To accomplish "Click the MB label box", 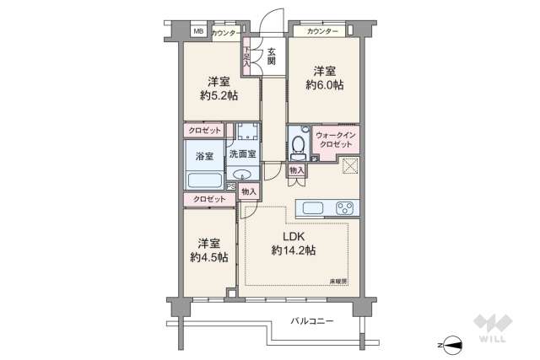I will coord(199,32).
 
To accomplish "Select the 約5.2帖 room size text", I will coord(219,95).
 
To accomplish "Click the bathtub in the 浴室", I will coord(205,180).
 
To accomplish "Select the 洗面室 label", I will coord(243,155).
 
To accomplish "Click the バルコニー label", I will coord(311,321).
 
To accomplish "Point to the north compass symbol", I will coord(453,343).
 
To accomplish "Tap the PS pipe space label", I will coord(230,186).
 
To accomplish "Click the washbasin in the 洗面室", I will coord(244,176).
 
